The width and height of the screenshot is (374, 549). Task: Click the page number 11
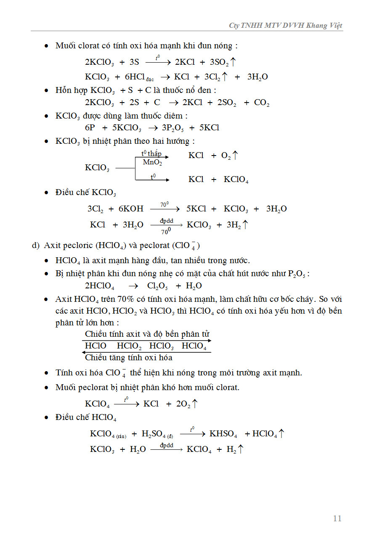[337, 518]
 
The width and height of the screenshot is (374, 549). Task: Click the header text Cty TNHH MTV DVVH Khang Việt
[285, 26]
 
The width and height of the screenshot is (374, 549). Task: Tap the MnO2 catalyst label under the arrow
[152, 163]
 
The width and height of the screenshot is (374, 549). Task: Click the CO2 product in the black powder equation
[262, 103]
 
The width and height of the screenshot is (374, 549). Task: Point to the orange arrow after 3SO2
[233, 62]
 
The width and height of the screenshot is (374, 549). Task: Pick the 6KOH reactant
[131, 209]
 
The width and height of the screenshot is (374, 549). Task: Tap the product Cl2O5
[158, 286]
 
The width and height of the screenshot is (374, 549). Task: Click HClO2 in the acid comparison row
[130, 346]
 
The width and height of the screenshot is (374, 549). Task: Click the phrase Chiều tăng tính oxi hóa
[128, 358]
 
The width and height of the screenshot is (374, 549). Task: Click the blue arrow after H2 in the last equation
[240, 449]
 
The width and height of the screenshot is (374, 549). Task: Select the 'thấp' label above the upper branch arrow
[155, 154]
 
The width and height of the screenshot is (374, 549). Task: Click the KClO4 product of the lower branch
[236, 180]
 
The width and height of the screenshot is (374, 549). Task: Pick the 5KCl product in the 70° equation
[196, 209]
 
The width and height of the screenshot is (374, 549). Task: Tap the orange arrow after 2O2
[195, 404]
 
